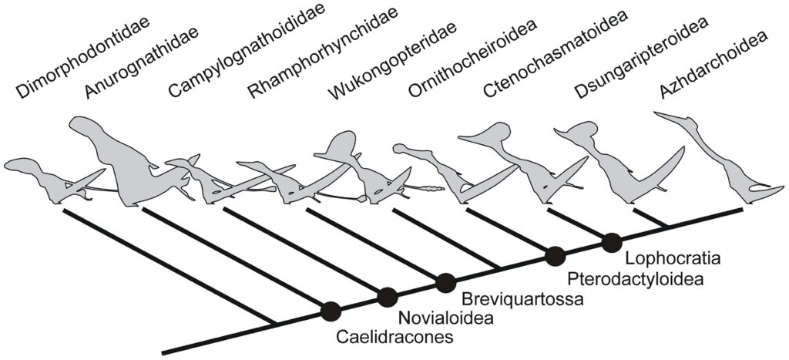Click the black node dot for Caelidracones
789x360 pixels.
[x=331, y=311]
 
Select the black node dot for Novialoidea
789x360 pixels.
[x=388, y=296]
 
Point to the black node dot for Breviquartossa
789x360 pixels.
[x=445, y=283]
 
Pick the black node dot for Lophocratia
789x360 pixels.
[x=612, y=241]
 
